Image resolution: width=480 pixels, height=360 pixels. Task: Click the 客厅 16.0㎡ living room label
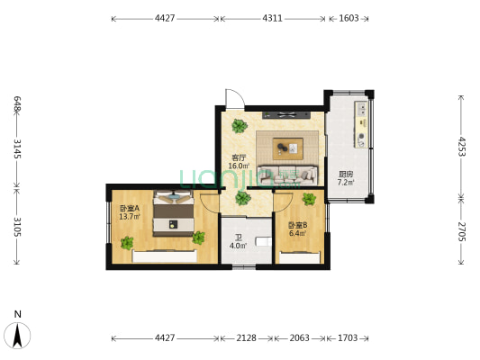(238, 161)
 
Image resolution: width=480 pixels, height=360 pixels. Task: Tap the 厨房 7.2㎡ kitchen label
(346, 178)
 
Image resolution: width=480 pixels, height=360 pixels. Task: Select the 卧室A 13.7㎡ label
(130, 212)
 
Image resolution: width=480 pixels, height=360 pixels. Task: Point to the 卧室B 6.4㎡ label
(297, 229)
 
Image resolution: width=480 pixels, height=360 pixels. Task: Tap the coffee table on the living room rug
(286, 147)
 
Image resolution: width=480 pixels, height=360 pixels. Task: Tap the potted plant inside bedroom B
(309, 199)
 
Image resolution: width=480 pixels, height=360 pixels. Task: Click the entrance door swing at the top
(231, 97)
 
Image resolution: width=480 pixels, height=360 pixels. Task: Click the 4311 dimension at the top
(275, 17)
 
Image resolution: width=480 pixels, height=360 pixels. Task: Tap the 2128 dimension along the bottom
(246, 338)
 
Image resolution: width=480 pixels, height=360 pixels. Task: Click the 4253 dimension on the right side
(461, 146)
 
